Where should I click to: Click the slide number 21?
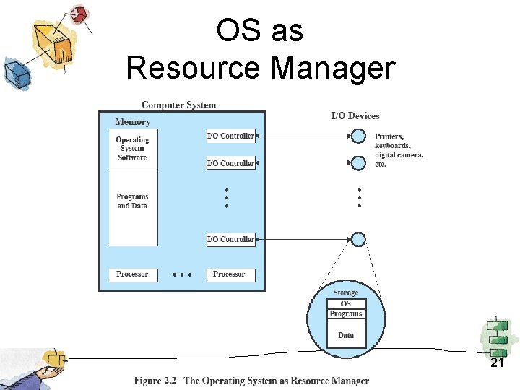click(497, 363)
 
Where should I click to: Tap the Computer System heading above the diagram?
click(178, 105)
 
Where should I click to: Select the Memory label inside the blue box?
click(133, 122)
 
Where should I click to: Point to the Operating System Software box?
click(133, 149)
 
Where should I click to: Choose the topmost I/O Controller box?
click(230, 136)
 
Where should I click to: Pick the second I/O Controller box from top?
click(230, 163)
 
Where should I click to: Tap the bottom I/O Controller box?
click(230, 239)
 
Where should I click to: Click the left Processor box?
click(132, 274)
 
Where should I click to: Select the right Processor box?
click(230, 274)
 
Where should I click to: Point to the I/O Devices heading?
click(355, 116)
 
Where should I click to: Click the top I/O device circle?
click(358, 136)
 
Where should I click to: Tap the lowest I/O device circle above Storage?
click(358, 239)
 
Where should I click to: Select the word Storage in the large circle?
click(346, 292)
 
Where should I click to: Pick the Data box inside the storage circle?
click(346, 334)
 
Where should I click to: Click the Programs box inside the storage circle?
click(346, 313)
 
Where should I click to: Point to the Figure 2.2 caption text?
click(251, 381)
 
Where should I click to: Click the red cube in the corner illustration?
click(79, 14)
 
